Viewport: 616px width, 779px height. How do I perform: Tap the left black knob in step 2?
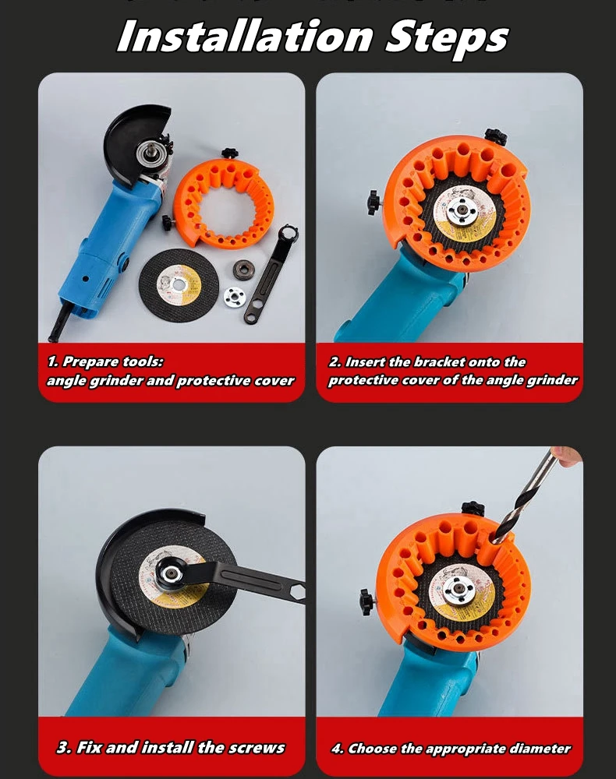pyautogui.click(x=373, y=200)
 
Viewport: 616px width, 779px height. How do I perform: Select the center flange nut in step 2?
pyautogui.click(x=466, y=213)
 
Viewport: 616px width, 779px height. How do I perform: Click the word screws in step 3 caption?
pyautogui.click(x=254, y=747)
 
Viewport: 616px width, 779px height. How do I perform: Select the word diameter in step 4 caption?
pyautogui.click(x=540, y=749)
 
